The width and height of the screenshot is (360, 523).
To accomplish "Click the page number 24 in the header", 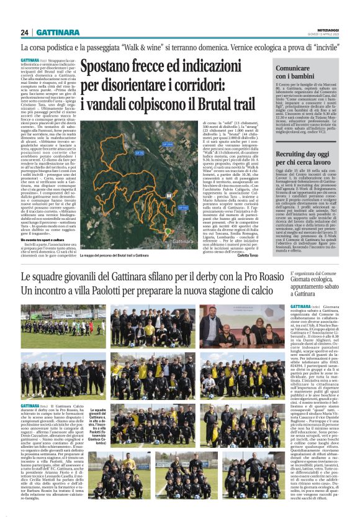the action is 25,32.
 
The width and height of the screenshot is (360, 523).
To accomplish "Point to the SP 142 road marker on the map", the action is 166,208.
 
